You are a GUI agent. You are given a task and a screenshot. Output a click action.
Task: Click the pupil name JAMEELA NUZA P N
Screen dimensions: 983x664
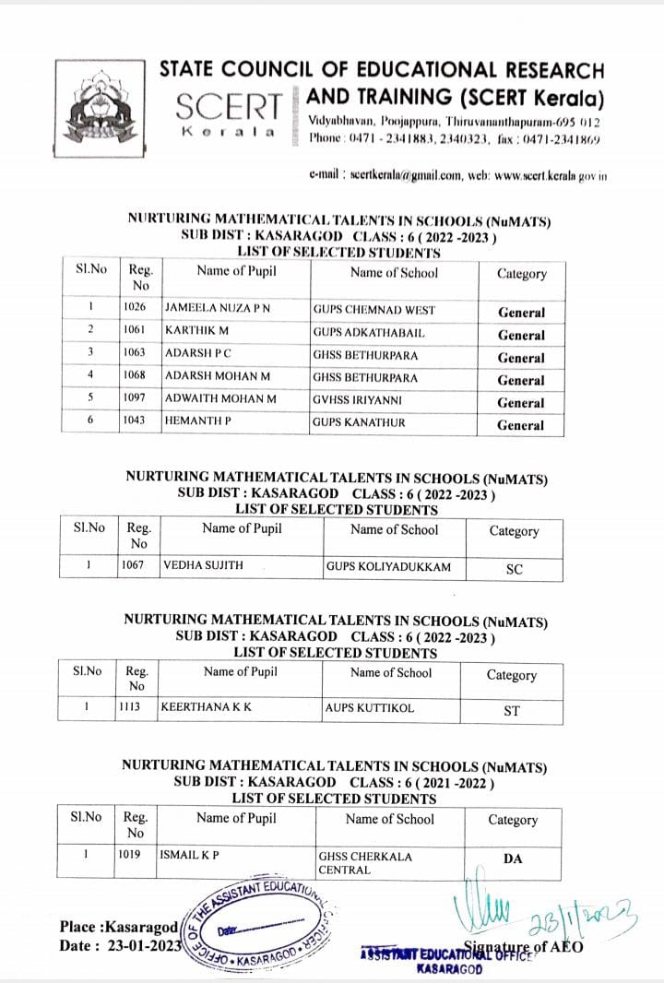(x=218, y=310)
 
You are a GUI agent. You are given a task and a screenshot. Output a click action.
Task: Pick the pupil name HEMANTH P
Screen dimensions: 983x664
(x=198, y=422)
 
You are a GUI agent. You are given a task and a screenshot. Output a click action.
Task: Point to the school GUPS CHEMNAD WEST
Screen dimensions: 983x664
(x=373, y=310)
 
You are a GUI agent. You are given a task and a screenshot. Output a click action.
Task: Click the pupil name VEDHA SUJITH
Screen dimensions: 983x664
(x=203, y=565)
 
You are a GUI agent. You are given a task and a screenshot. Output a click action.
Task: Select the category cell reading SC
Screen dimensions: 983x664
(x=515, y=569)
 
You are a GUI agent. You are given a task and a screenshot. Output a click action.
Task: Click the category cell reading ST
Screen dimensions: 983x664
(x=513, y=711)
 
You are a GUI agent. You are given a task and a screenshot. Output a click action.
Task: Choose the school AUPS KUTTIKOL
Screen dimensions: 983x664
(x=371, y=708)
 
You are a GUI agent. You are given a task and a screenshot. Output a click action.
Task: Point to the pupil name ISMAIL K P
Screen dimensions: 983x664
(x=190, y=855)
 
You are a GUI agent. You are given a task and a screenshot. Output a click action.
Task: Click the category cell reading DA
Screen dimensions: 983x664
(x=514, y=859)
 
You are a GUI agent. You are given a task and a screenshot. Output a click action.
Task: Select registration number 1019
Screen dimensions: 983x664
(x=129, y=855)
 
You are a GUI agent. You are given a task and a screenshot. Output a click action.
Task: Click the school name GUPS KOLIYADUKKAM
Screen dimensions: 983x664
(x=388, y=566)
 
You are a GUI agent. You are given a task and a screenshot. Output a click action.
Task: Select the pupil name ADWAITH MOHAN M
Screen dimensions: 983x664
(x=220, y=399)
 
